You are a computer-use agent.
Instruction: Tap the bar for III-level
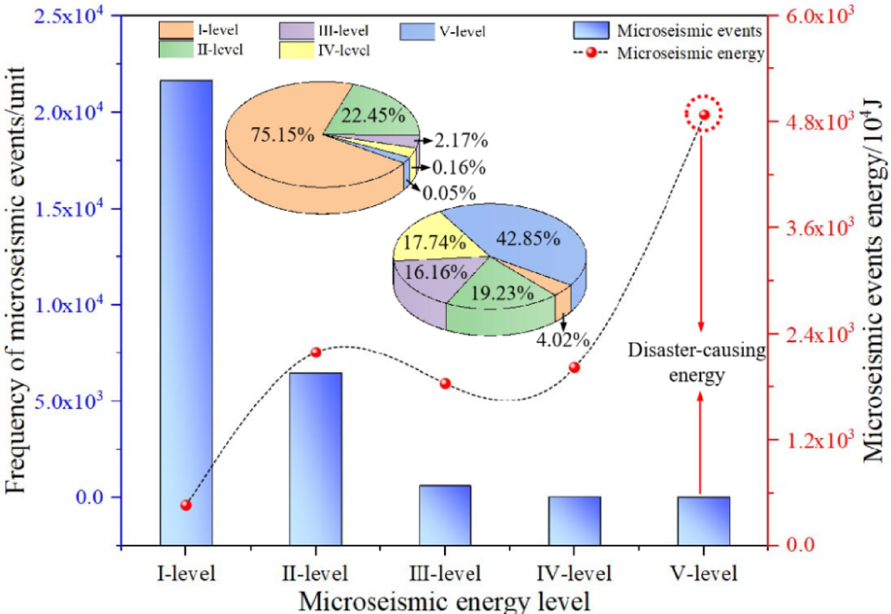[445, 514]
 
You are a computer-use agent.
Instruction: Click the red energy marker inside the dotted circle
[704, 115]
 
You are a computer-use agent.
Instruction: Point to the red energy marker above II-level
[316, 352]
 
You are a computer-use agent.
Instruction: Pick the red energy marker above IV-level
[574, 367]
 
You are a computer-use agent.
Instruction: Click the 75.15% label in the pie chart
[283, 135]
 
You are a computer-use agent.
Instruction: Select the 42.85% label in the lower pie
[528, 239]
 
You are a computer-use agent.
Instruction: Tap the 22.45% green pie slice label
[373, 116]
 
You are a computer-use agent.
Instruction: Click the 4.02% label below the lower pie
[562, 340]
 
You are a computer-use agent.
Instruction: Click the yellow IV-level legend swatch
[296, 50]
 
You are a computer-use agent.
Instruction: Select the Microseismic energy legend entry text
[690, 53]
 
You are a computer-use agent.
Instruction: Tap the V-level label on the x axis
[704, 573]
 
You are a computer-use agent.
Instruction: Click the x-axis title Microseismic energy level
[444, 599]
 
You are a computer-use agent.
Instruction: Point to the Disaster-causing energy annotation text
[696, 363]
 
